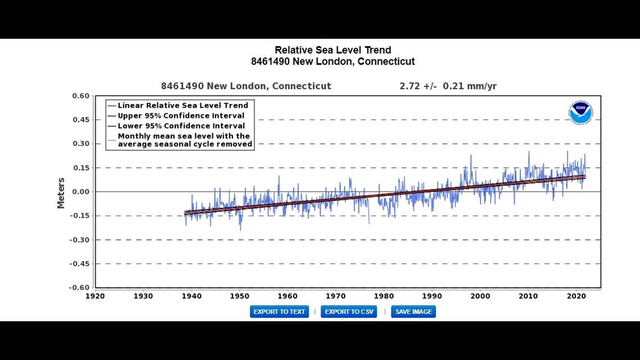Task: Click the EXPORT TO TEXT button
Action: (279, 312)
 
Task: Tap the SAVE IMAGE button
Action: (413, 312)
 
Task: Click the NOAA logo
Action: (580, 112)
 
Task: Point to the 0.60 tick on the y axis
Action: (81, 96)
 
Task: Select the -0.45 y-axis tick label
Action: (80, 264)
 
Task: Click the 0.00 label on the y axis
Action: (81, 192)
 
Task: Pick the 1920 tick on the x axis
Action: (95, 296)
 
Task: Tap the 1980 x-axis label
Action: (383, 296)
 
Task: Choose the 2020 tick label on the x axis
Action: (576, 296)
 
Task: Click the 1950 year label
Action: (240, 296)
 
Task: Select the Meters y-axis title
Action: (61, 193)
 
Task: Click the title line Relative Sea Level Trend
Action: (332, 51)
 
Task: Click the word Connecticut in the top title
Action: (386, 62)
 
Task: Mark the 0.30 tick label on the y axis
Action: (81, 144)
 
